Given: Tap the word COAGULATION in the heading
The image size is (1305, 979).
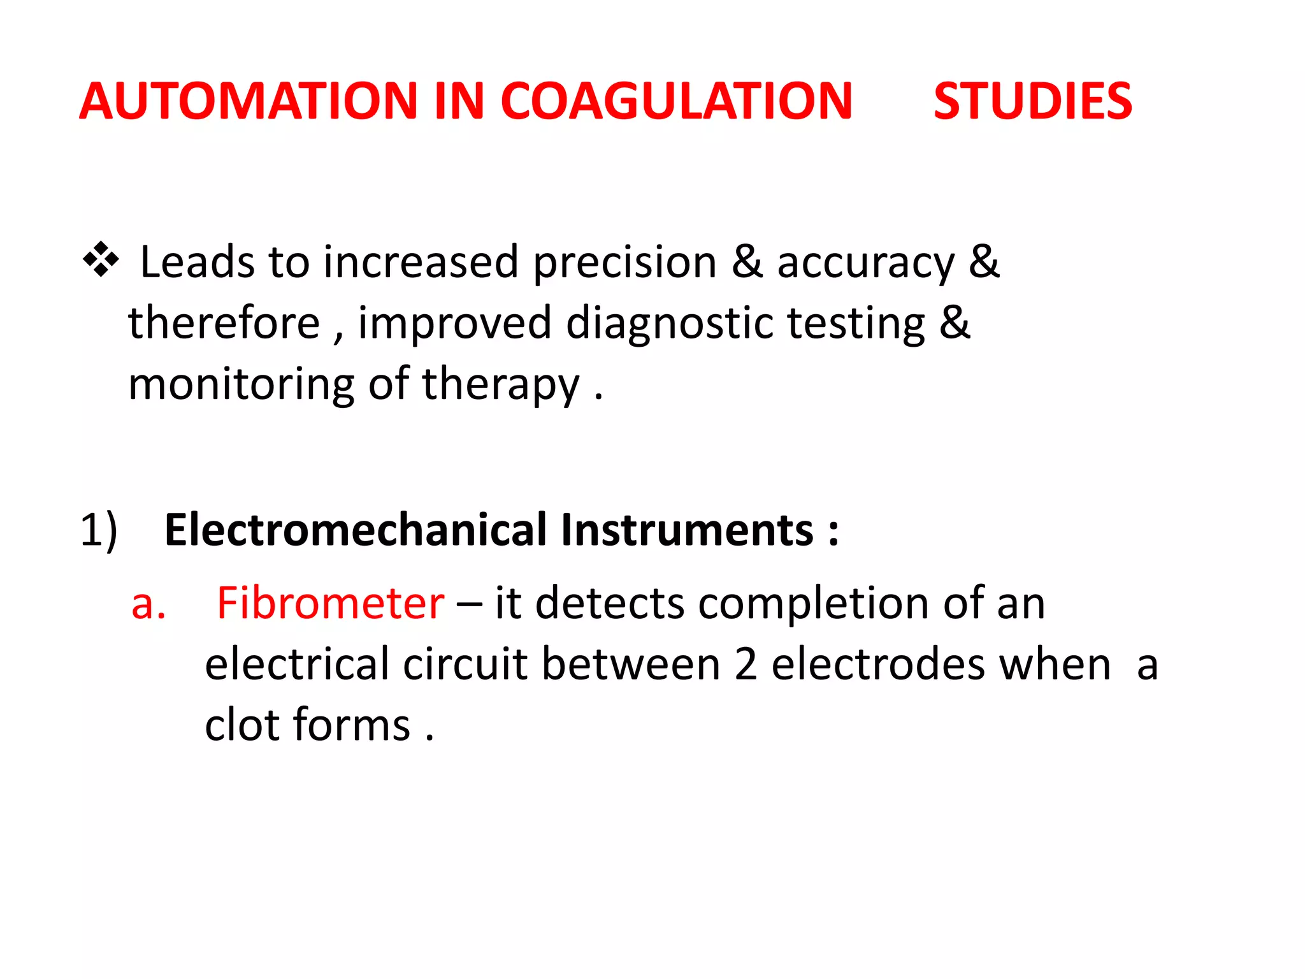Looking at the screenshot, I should click(676, 101).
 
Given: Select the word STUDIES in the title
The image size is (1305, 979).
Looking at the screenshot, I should click(1032, 101).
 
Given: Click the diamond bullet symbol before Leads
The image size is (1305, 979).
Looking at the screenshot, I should click(101, 259).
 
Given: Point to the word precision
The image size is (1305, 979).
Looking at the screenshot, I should click(625, 263).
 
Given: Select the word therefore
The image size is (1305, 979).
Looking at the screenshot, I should click(224, 323).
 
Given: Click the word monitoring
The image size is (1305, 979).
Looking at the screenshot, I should click(241, 384).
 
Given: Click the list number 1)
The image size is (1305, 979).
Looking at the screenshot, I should click(99, 530).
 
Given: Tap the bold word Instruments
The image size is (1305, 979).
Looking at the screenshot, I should click(687, 530).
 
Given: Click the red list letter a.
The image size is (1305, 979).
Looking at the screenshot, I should click(148, 603).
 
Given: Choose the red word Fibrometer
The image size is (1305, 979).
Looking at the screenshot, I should click(330, 603).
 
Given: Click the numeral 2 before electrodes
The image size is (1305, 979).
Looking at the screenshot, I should click(746, 664).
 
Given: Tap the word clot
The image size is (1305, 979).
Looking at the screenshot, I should click(242, 725).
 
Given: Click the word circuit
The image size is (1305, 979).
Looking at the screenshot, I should click(465, 664).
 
